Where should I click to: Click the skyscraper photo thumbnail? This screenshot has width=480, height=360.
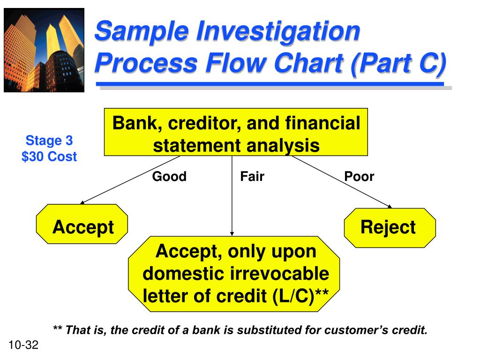click(x=44, y=51)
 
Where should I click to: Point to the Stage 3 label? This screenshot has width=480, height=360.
click(x=49, y=141)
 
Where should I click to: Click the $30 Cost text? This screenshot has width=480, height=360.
click(x=49, y=157)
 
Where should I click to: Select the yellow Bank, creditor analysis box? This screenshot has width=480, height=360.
click(x=236, y=132)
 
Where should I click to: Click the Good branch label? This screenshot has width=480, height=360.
click(x=169, y=177)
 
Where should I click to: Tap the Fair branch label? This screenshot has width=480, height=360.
click(x=252, y=177)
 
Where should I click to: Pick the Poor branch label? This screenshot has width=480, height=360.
click(x=359, y=177)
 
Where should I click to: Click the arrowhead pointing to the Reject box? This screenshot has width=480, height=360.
click(x=390, y=206)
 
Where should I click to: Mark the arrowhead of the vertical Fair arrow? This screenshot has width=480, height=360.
click(x=232, y=233)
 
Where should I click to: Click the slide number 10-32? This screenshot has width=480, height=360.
click(x=23, y=346)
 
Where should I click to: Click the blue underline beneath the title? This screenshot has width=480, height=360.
click(x=270, y=84)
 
